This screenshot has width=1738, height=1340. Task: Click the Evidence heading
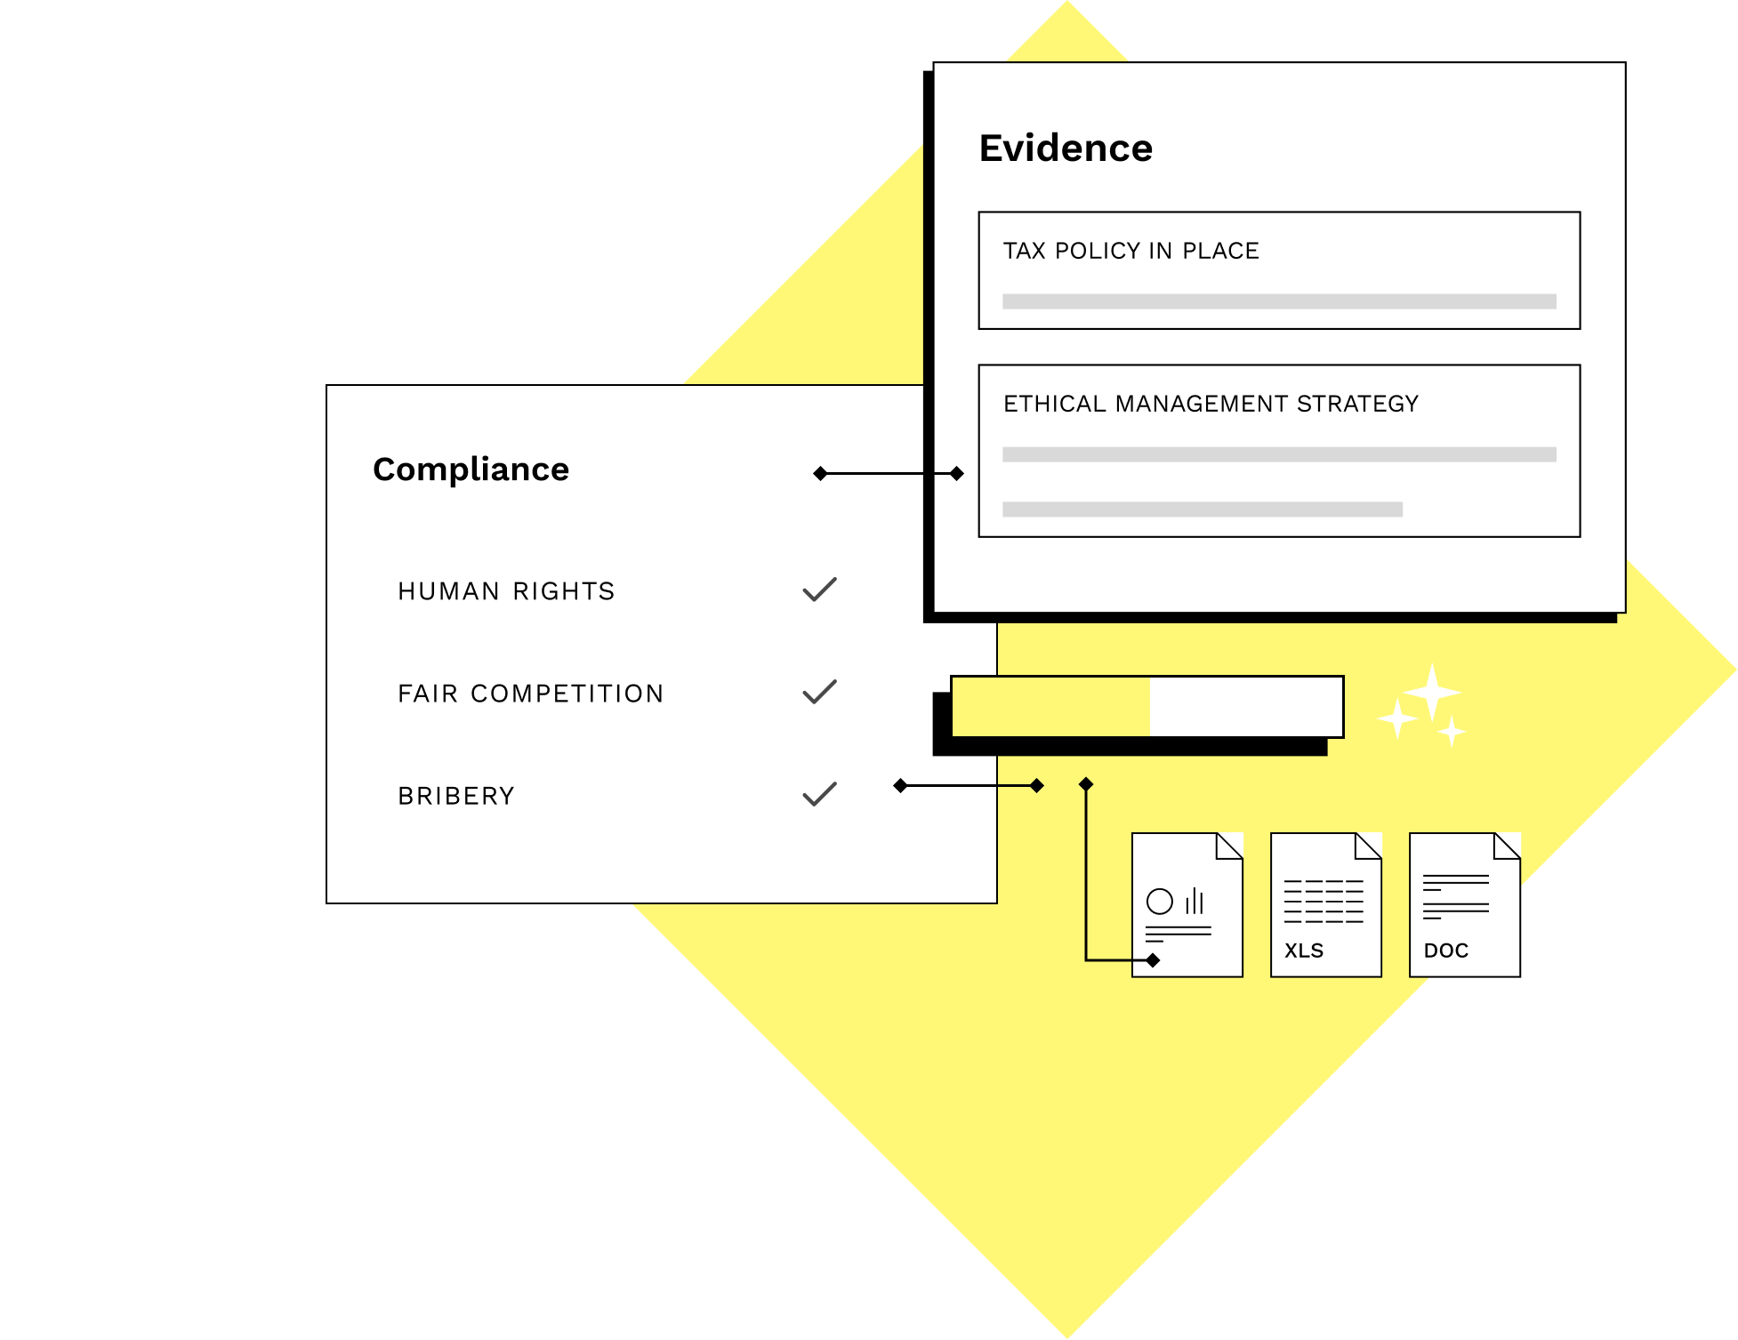tap(1066, 148)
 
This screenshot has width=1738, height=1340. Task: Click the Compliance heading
tap(471, 469)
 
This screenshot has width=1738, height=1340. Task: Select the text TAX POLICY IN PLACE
tap(1131, 251)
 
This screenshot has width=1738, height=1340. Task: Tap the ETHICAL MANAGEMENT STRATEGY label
tap(1211, 404)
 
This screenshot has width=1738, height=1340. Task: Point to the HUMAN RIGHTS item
tap(506, 591)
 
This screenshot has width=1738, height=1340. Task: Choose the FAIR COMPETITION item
tap(530, 694)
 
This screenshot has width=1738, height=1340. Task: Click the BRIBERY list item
tap(456, 796)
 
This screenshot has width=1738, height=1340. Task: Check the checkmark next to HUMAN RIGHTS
tap(819, 590)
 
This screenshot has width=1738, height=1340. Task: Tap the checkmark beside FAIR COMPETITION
tap(819, 692)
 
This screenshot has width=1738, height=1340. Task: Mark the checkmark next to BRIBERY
tap(819, 794)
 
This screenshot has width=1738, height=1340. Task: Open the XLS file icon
tap(1325, 905)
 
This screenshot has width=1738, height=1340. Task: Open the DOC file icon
tap(1464, 905)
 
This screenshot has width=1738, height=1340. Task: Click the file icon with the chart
tap(1187, 905)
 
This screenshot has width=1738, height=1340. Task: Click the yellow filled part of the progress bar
tap(1050, 707)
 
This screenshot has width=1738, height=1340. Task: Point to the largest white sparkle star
tap(1431, 692)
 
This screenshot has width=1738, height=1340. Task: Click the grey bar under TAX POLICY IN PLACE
tap(1278, 301)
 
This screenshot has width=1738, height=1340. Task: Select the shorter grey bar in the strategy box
tap(1202, 510)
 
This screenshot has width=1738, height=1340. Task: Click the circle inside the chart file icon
tap(1159, 902)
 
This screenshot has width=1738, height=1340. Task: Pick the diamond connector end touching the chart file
tap(1153, 960)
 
